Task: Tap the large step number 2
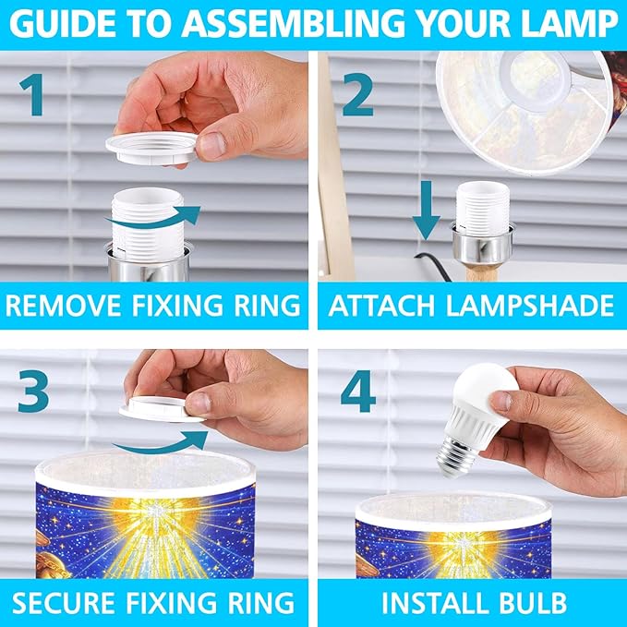click(x=358, y=95)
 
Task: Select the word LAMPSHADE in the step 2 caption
click(x=529, y=306)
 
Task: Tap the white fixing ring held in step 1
click(x=152, y=148)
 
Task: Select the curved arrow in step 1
click(x=152, y=219)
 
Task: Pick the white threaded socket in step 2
click(x=483, y=208)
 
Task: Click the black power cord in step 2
click(x=433, y=265)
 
